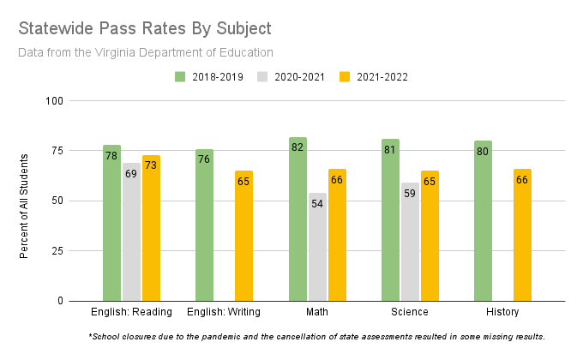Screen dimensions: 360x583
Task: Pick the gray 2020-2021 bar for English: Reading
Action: coord(131,236)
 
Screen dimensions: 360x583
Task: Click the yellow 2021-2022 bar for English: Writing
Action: coord(244,240)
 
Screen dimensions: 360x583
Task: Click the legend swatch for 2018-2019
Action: coord(180,76)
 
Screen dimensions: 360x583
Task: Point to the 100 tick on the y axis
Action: coord(56,101)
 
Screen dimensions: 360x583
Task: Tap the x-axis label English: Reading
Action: coord(131,311)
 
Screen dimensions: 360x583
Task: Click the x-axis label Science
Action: coord(410,311)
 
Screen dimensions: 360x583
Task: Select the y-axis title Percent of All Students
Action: coord(24,206)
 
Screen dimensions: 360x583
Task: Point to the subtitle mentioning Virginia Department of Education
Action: coord(145,52)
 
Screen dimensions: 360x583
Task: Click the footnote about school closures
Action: coord(316,336)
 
